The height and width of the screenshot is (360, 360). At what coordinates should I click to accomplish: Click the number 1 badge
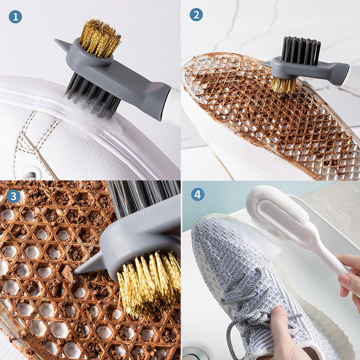tap(16, 17)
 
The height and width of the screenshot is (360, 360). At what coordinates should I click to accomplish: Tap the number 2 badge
tap(196, 15)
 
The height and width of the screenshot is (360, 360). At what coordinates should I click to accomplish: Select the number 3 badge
tap(13, 196)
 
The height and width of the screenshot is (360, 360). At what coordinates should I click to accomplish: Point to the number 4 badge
tap(198, 194)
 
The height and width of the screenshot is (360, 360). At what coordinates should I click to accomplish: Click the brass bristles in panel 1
tap(100, 38)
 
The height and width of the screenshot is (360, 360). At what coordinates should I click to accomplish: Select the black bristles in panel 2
tap(301, 50)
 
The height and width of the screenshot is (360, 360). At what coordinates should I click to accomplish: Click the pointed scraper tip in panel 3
tap(76, 272)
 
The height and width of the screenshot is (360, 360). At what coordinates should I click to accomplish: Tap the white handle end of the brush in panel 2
tap(351, 77)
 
